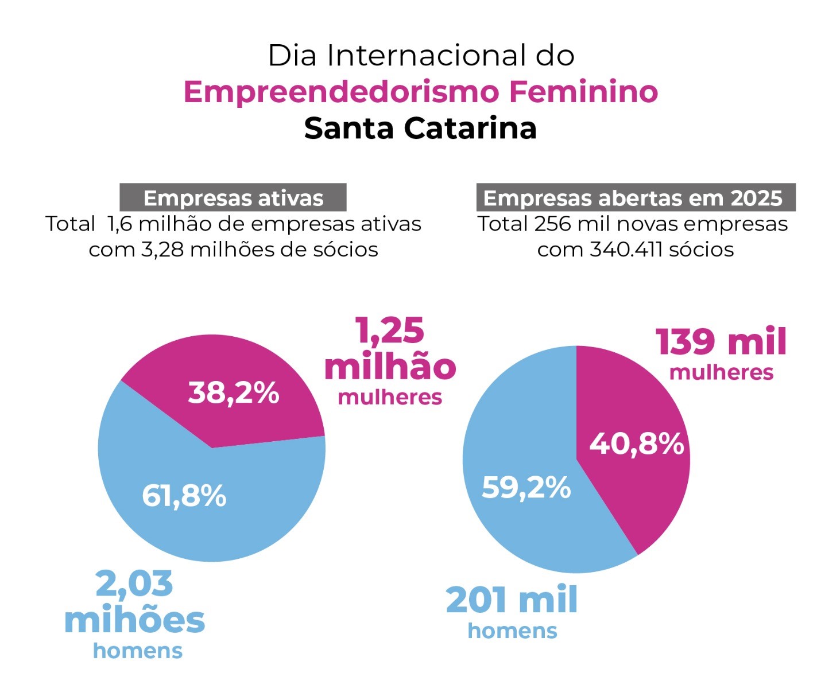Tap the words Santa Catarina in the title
pos(420,128)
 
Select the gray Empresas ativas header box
pos(233,198)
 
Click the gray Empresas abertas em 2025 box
pos(636,198)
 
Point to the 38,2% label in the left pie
pos(234,393)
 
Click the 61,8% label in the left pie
pos(184,496)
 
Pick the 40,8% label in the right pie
pos(637,444)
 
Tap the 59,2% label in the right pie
pos(526,488)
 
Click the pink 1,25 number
pos(390,331)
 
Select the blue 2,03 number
pos(134,584)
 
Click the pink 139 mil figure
pos(721,342)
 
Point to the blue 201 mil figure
pos(512,600)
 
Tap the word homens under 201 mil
pos(512,631)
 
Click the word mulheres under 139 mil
pos(722,373)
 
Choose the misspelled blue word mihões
pos(134,620)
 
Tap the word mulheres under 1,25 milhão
pos(390,398)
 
